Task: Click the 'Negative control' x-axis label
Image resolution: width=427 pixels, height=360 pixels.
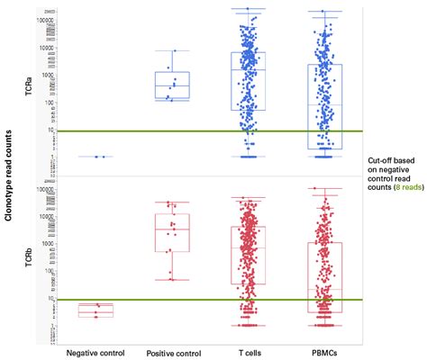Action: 95,352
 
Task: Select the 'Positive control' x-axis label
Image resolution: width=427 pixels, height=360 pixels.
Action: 173,352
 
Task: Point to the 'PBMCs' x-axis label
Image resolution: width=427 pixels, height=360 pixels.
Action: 323,352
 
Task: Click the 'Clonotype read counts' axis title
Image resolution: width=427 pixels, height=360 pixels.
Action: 9,180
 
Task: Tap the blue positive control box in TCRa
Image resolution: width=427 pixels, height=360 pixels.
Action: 172,85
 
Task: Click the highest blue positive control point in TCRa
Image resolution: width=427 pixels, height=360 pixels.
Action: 175,50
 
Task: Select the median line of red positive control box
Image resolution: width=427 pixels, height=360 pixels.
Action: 172,229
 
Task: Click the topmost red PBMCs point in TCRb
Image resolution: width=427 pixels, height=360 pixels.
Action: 314,189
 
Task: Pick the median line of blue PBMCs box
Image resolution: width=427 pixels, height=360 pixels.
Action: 324,105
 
